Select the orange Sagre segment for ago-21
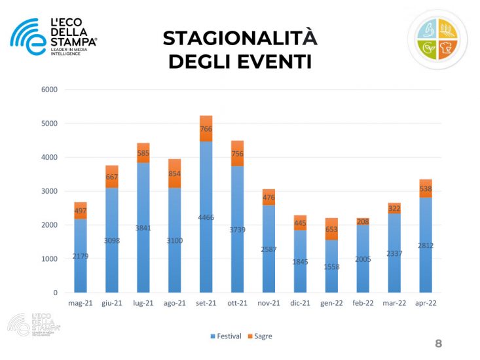tap(174, 173)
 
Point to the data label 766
tap(206, 129)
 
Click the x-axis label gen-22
tap(331, 304)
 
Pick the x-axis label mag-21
tap(80, 304)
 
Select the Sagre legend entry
tap(260, 336)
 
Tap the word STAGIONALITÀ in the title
tap(240, 38)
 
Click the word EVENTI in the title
tap(274, 62)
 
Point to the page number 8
tap(439, 344)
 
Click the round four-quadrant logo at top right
tap(437, 39)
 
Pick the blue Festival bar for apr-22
tap(426, 245)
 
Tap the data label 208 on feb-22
tap(363, 222)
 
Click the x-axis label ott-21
tap(237, 304)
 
